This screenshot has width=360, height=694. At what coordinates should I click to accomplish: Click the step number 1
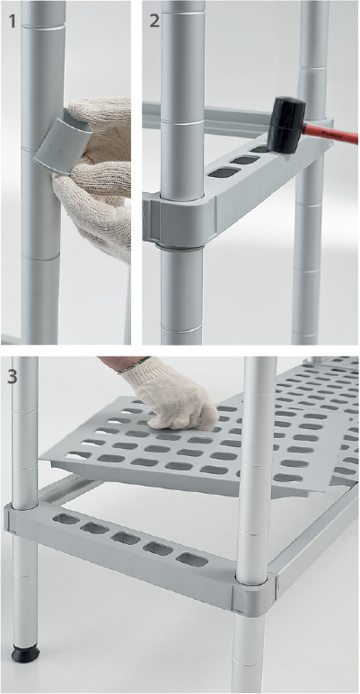[12, 20]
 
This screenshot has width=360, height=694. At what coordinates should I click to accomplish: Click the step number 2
[154, 21]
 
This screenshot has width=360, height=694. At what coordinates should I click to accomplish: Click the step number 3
[13, 377]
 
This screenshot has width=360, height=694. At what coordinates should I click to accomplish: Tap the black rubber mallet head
[286, 125]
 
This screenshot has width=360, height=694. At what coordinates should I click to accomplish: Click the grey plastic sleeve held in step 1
[64, 140]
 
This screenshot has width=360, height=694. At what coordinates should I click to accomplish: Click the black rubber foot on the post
[25, 653]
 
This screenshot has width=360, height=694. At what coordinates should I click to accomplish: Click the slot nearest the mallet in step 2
[261, 150]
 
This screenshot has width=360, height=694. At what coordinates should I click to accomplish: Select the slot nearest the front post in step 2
[224, 172]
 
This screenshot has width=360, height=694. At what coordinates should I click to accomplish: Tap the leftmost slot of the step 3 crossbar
[66, 519]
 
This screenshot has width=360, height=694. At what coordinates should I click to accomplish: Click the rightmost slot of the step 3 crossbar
[192, 559]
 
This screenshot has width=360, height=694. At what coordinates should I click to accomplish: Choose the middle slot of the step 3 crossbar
[126, 538]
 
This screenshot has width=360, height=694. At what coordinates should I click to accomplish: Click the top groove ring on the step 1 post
[43, 28]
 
